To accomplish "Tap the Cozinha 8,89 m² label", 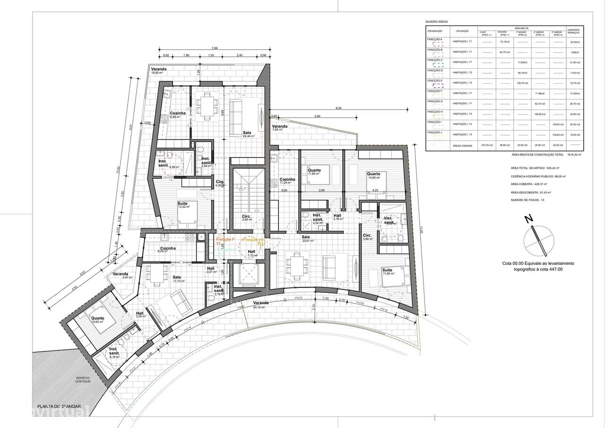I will [x=178, y=114].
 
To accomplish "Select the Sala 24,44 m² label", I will [x=247, y=134].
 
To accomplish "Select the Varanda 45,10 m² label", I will [x=261, y=304].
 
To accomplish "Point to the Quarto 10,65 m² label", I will [x=98, y=320].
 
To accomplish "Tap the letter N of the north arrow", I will [x=528, y=219].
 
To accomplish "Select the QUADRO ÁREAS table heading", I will [x=436, y=21].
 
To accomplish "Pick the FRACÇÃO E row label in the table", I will [x=435, y=80].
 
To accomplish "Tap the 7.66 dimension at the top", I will [x=215, y=48].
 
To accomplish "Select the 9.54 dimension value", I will [x=338, y=108].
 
